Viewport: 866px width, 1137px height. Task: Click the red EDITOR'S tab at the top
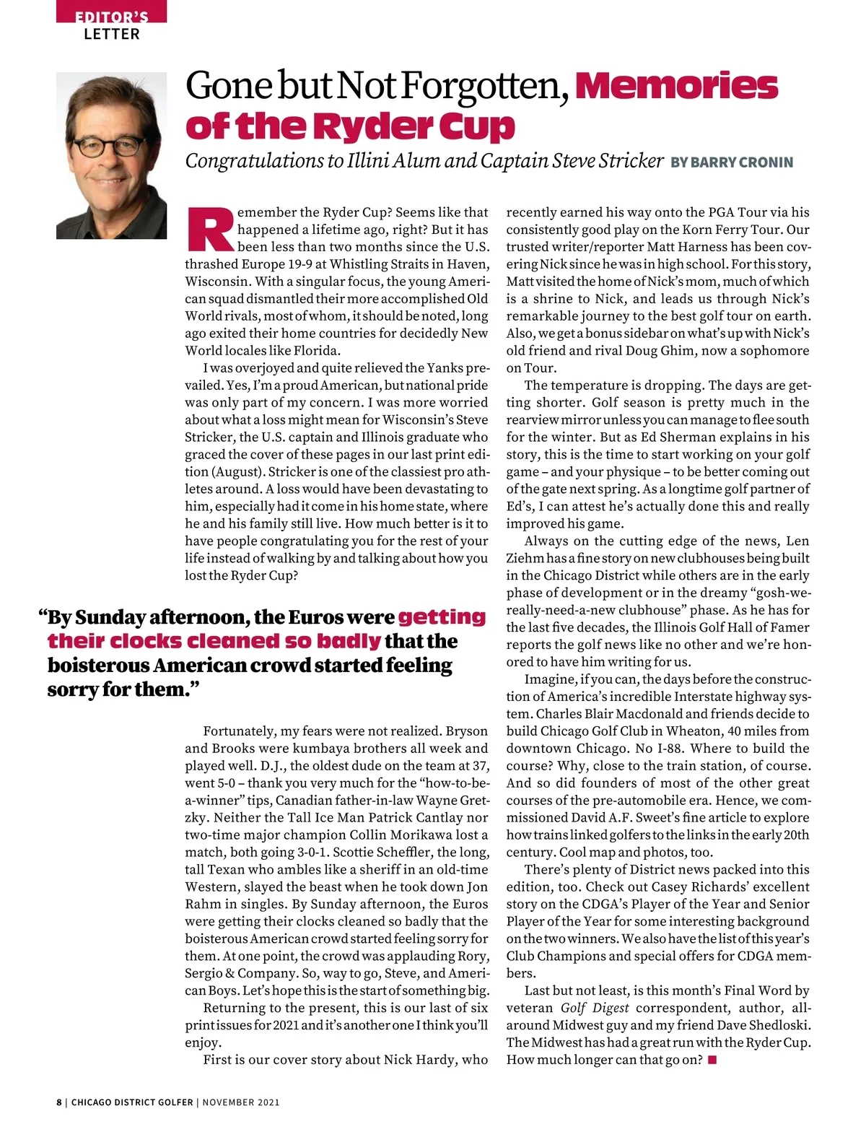[111, 14]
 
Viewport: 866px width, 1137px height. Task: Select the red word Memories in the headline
[676, 87]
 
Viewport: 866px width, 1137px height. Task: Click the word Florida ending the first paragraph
[315, 351]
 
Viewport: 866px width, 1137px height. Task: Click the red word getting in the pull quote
[442, 617]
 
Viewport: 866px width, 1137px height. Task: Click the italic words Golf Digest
[595, 1009]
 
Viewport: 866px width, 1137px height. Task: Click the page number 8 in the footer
[59, 1102]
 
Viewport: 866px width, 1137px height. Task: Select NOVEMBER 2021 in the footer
[240, 1102]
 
